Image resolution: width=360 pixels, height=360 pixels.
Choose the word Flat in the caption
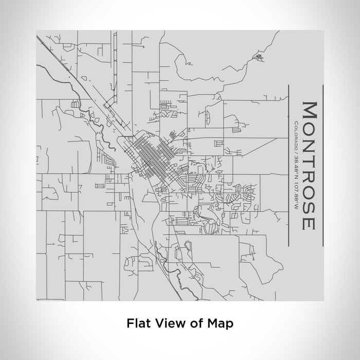pos(136,323)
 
